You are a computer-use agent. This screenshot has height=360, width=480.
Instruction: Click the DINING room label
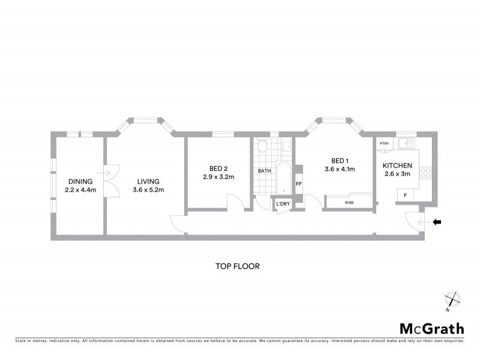tap(80, 181)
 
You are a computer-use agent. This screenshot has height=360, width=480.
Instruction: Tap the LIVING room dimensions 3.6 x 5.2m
tap(148, 190)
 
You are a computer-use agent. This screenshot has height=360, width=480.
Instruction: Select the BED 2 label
tap(217, 169)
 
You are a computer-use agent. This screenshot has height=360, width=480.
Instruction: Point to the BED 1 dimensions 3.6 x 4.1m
tap(340, 169)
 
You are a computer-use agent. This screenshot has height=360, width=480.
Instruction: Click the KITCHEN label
tap(397, 166)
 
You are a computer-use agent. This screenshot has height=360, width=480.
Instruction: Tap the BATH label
tap(264, 171)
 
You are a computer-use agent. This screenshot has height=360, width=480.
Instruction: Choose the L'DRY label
tap(283, 205)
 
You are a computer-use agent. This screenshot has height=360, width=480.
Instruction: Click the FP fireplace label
tap(298, 184)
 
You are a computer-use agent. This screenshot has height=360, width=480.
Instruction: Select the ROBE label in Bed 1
tap(349, 203)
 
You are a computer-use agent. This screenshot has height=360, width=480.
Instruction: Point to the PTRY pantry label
tap(385, 144)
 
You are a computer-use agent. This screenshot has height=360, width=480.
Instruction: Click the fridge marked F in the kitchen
tap(405, 195)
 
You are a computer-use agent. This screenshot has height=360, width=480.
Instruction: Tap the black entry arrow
tap(437, 222)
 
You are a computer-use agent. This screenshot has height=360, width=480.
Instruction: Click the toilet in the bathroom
tap(262, 146)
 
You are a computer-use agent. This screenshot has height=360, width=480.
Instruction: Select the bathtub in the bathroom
tap(283, 177)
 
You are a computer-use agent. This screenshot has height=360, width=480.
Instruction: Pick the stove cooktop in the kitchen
tap(427, 173)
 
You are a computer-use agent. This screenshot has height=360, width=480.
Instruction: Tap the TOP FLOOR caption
tap(238, 266)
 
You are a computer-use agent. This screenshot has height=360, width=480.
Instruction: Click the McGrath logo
tap(431, 328)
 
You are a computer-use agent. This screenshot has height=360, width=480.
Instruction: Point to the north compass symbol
tap(451, 300)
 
